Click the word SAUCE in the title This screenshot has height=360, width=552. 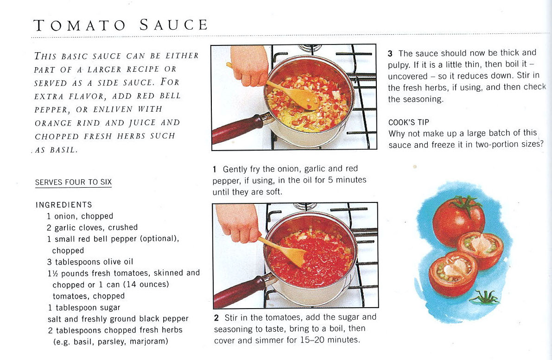pos(173,25)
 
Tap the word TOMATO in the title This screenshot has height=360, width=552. pos(80,25)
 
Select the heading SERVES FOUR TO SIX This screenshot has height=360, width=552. pos(73,182)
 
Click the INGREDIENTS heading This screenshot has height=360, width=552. pos(63,205)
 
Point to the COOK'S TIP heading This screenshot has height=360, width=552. pos(409,122)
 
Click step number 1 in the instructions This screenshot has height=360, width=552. pos(215,169)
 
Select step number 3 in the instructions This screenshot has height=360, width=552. pos(390,54)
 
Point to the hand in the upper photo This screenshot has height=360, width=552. pos(249,65)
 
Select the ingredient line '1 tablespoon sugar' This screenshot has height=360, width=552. pos(84,308)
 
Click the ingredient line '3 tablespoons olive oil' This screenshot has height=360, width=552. pos(90,262)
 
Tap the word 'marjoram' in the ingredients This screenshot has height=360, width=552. pos(149,341)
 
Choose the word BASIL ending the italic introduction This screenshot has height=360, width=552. pos(63,150)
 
